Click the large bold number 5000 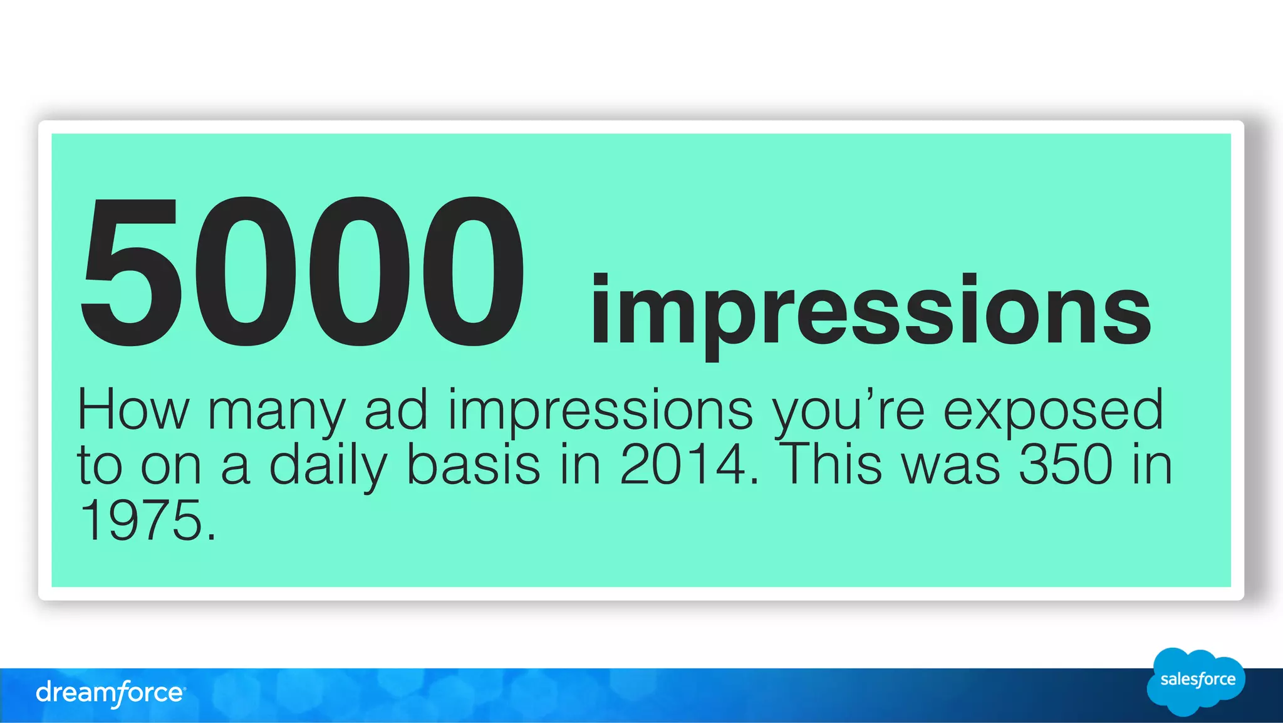[x=302, y=271]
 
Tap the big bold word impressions [x=870, y=312]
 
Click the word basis [x=473, y=465]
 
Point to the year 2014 [x=688, y=465]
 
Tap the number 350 [x=1066, y=465]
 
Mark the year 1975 [x=147, y=520]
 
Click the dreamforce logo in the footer [x=110, y=694]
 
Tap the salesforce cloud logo [x=1196, y=681]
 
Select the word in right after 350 [x=1151, y=465]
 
